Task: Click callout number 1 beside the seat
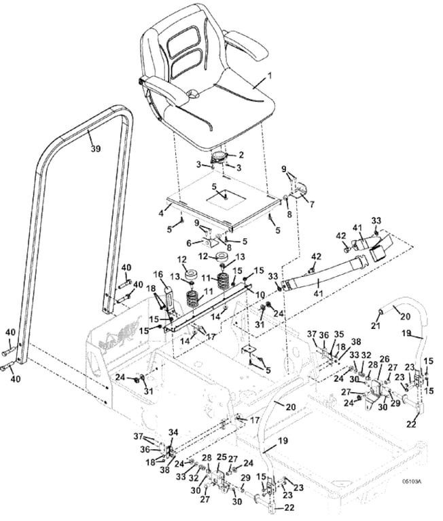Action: (x=270, y=76)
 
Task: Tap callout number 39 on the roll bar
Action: (x=95, y=148)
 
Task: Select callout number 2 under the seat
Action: (x=241, y=155)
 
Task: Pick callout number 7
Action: (x=313, y=202)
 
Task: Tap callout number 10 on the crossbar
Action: (x=260, y=295)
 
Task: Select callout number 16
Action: (x=158, y=275)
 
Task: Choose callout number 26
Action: (x=384, y=359)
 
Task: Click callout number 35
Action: (x=340, y=334)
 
